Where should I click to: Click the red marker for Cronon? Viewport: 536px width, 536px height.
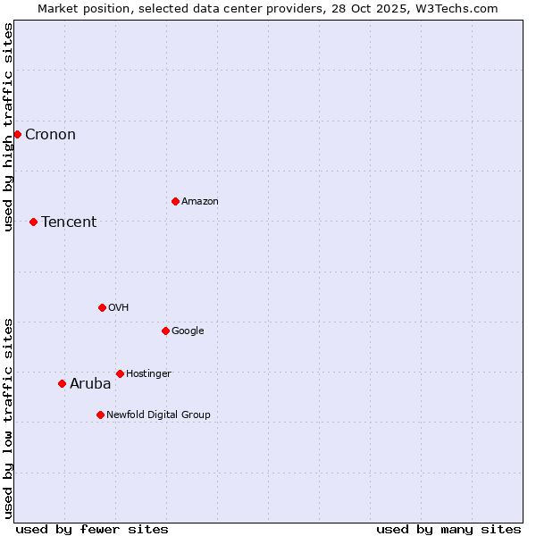[x=17, y=134]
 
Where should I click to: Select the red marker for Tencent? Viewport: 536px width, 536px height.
[x=33, y=222]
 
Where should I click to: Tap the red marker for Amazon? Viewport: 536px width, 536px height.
[x=175, y=201]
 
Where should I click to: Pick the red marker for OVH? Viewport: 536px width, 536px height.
[x=102, y=307]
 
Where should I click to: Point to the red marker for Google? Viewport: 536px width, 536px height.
[x=165, y=331]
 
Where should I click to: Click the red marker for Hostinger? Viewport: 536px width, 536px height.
[x=120, y=373]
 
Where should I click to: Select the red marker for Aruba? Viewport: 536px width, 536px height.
[x=62, y=383]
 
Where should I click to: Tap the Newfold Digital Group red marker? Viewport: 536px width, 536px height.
[x=100, y=415]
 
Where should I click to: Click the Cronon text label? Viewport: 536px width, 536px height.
[x=50, y=135]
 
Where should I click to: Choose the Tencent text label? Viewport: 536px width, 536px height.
[x=69, y=222]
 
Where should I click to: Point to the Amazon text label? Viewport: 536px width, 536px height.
[x=200, y=202]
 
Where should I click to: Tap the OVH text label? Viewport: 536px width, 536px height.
[x=119, y=308]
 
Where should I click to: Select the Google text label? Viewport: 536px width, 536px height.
[x=188, y=331]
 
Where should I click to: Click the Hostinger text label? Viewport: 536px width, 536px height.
[x=148, y=374]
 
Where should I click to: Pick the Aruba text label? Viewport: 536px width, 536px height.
[x=90, y=384]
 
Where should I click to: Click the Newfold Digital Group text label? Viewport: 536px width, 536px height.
[x=158, y=415]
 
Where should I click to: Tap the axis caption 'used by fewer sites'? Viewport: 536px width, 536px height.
[x=92, y=529]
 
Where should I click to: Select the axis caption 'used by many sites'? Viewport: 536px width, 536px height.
[x=448, y=529]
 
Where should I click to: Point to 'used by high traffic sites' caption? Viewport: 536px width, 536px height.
[x=9, y=128]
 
